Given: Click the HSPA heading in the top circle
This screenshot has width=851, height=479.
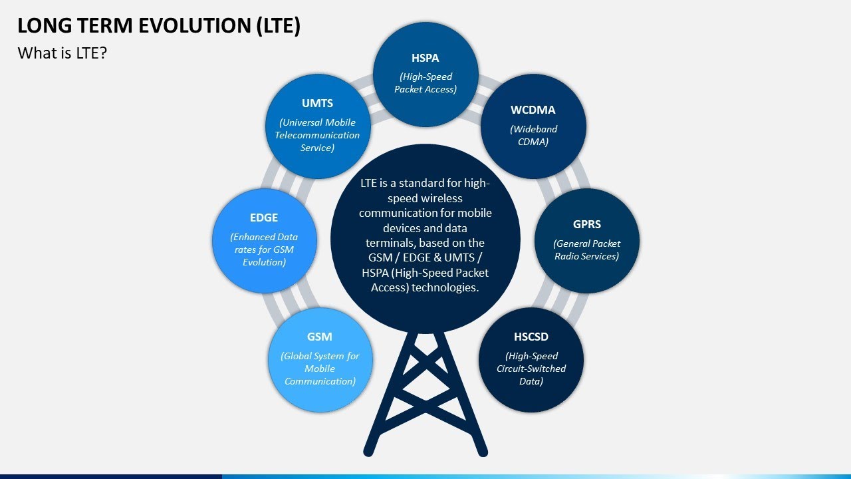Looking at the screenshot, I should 425,58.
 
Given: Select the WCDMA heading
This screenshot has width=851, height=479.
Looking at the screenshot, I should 533,110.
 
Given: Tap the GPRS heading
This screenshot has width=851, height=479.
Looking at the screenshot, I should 586,224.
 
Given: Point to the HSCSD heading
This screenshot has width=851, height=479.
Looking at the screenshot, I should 531,337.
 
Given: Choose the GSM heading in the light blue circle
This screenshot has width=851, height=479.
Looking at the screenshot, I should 320,337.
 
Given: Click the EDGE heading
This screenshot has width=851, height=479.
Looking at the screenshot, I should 264,218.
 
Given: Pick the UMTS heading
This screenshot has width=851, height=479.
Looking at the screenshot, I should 317,103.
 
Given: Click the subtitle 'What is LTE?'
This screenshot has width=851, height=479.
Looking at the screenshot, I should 62,53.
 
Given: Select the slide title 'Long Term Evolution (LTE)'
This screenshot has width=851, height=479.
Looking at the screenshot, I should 159,25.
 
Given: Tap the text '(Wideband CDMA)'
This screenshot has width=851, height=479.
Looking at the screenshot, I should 533,135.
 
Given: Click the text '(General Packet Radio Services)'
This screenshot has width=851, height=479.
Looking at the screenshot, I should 586,249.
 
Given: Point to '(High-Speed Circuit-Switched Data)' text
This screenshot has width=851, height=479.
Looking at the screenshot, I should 531,369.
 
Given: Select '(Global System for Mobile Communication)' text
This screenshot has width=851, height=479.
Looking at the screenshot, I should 320,369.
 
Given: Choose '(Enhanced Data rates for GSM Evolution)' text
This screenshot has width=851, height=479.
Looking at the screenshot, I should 264,249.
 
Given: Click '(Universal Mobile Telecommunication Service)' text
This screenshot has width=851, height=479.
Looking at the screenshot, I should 317,135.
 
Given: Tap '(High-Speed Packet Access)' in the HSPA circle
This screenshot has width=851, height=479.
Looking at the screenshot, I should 425,82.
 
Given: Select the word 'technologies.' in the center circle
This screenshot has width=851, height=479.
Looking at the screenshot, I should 445,287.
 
